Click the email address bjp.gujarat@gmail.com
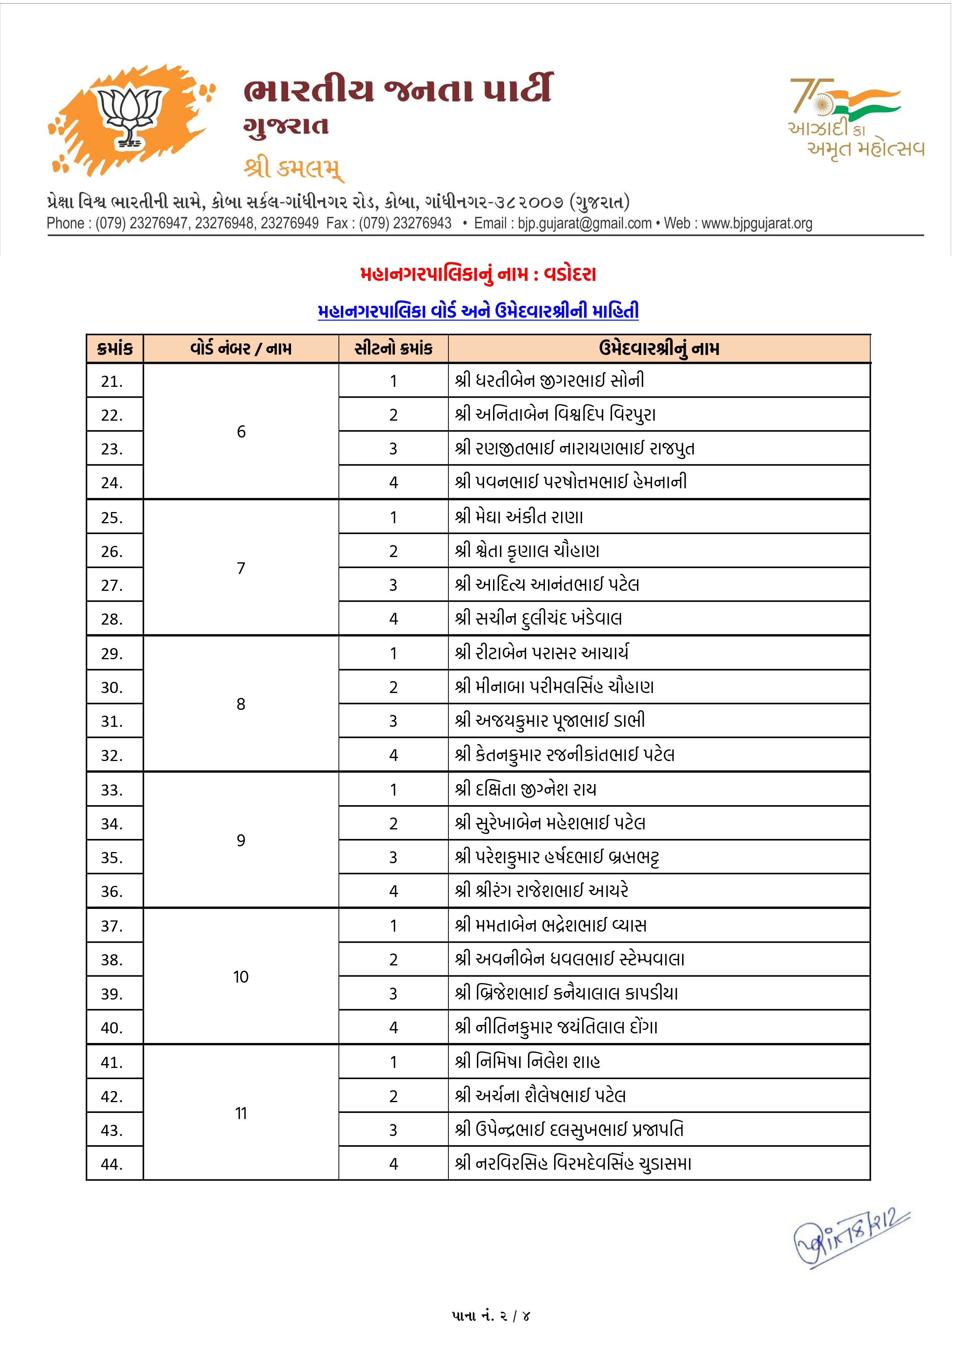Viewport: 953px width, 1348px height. click(x=584, y=224)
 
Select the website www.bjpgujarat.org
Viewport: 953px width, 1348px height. click(x=757, y=224)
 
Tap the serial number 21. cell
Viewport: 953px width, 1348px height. click(x=112, y=381)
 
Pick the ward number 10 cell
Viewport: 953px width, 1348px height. click(x=241, y=977)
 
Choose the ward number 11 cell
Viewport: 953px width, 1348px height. click(x=241, y=1113)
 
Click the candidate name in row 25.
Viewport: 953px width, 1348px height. click(x=519, y=517)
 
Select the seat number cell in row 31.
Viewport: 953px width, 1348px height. click(x=393, y=721)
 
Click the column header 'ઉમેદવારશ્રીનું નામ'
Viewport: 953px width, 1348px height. click(x=659, y=349)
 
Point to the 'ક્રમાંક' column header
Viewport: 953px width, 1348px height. click(x=115, y=349)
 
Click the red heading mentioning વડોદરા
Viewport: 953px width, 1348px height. click(x=478, y=274)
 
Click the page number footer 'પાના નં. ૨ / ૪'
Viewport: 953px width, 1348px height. click(x=491, y=1316)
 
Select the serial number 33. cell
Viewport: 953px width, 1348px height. click(x=112, y=790)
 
